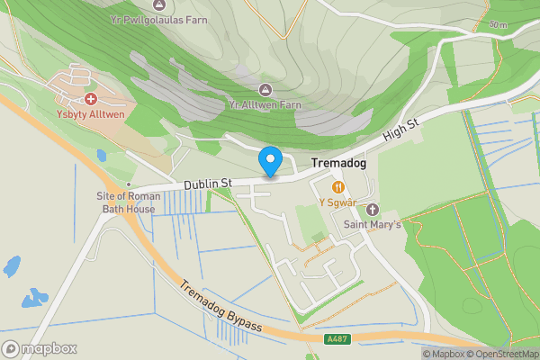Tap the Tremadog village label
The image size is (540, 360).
(x=340, y=165)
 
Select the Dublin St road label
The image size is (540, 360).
(x=208, y=184)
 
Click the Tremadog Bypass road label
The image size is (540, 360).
(x=220, y=307)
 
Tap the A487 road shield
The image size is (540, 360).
(x=335, y=339)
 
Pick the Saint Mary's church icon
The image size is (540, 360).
(x=373, y=209)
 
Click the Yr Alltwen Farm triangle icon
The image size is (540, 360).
(x=265, y=88)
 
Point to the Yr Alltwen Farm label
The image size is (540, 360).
(x=265, y=104)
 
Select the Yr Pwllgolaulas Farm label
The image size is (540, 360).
(x=158, y=20)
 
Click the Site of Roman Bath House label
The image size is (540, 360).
(x=130, y=202)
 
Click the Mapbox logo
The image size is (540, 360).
(x=40, y=348)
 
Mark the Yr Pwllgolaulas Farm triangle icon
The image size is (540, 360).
(x=160, y=4)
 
